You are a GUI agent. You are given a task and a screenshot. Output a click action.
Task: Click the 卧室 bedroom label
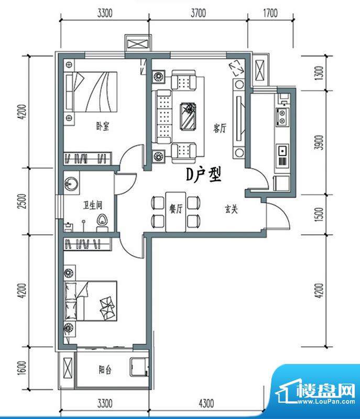(x=102, y=126)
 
